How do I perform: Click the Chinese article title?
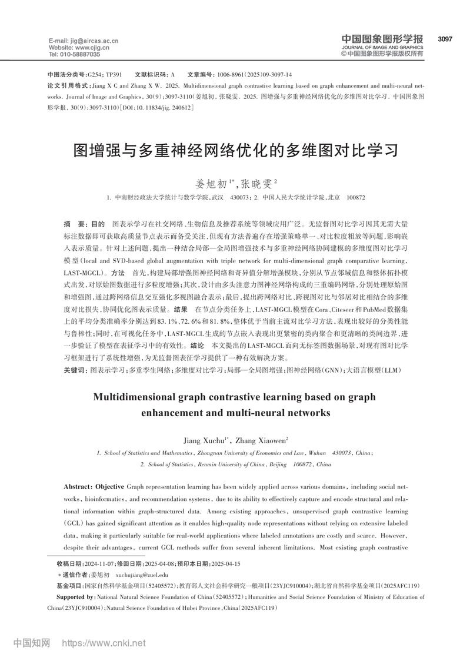[235, 150]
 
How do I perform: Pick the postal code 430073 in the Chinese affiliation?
[239, 198]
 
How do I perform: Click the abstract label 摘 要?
[73, 225]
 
